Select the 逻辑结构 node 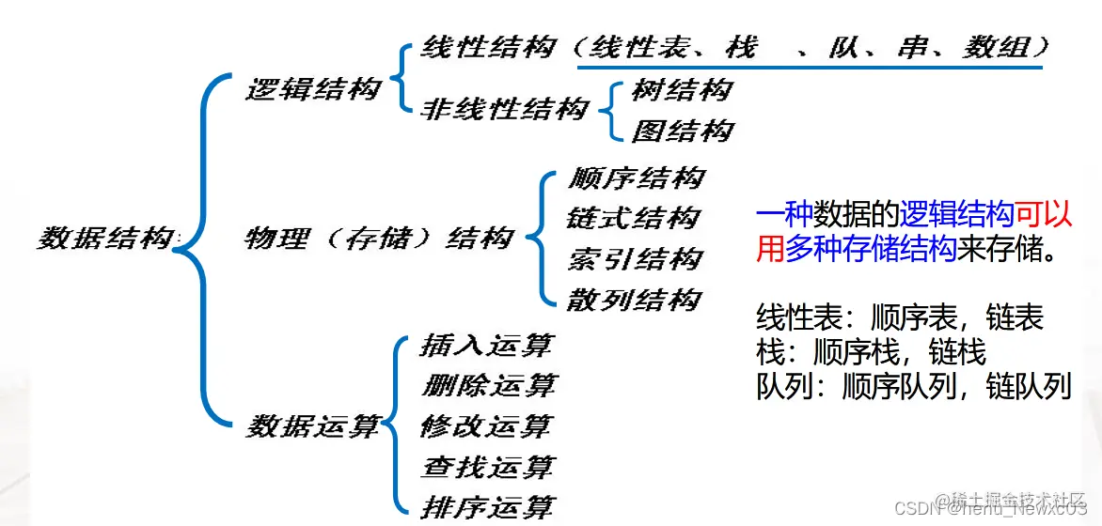pyautogui.click(x=313, y=89)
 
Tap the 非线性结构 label pyautogui.click(x=504, y=109)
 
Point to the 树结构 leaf pyautogui.click(x=681, y=90)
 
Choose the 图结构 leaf pyautogui.click(x=681, y=131)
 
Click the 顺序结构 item pyautogui.click(x=636, y=178)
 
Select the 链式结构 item pyautogui.click(x=634, y=219)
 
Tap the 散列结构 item pyautogui.click(x=634, y=301)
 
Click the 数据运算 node pyautogui.click(x=313, y=426)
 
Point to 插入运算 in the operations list pyautogui.click(x=486, y=346)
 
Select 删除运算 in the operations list pyautogui.click(x=488, y=386)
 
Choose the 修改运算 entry pyautogui.click(x=486, y=426)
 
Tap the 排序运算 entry pyautogui.click(x=487, y=507)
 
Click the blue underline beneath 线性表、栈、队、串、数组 pyautogui.click(x=809, y=67)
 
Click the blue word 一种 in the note pyautogui.click(x=785, y=215)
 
